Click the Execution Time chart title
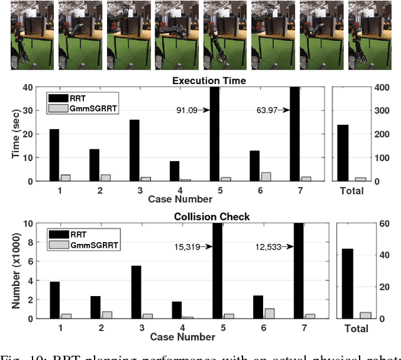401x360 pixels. [x=201, y=81]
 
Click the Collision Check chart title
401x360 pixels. [x=201, y=216]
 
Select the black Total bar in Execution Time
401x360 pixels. [x=343, y=152]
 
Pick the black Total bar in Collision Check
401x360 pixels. [x=346, y=283]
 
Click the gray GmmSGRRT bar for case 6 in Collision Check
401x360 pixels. [x=269, y=314]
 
